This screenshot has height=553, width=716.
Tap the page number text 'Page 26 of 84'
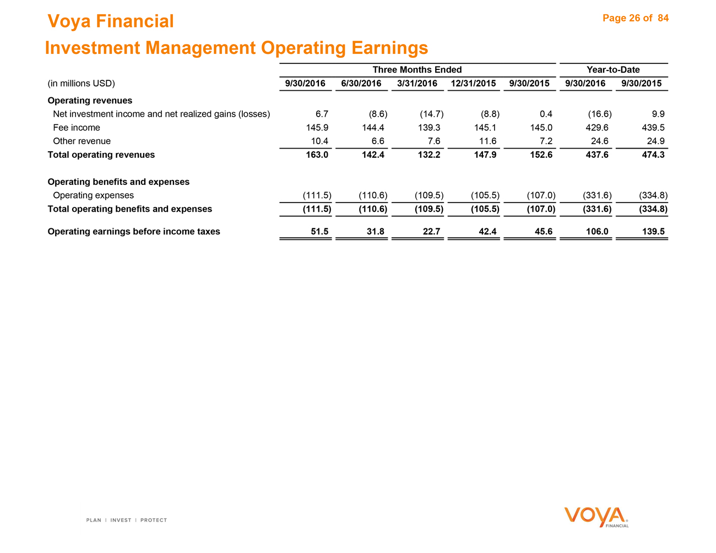(636, 18)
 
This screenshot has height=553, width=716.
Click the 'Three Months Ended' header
(417, 69)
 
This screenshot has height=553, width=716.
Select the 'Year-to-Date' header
(613, 69)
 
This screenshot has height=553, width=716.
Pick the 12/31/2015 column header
(473, 84)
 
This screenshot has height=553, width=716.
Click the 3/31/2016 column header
(417, 84)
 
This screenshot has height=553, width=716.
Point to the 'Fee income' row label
(77, 128)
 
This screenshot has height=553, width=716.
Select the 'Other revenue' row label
(82, 141)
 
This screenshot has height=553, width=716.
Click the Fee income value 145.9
(317, 128)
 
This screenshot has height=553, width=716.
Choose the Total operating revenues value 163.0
(317, 155)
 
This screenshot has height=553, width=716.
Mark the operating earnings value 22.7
(430, 232)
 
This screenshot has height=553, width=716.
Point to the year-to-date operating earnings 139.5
(654, 232)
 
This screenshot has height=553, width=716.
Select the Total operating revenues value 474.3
(654, 155)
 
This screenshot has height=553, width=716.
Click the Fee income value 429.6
(598, 128)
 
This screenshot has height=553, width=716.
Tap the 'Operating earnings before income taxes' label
(134, 232)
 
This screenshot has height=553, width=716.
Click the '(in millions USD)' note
(82, 84)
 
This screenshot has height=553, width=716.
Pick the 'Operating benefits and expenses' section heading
(118, 182)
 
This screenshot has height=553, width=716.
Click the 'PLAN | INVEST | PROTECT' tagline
(127, 520)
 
